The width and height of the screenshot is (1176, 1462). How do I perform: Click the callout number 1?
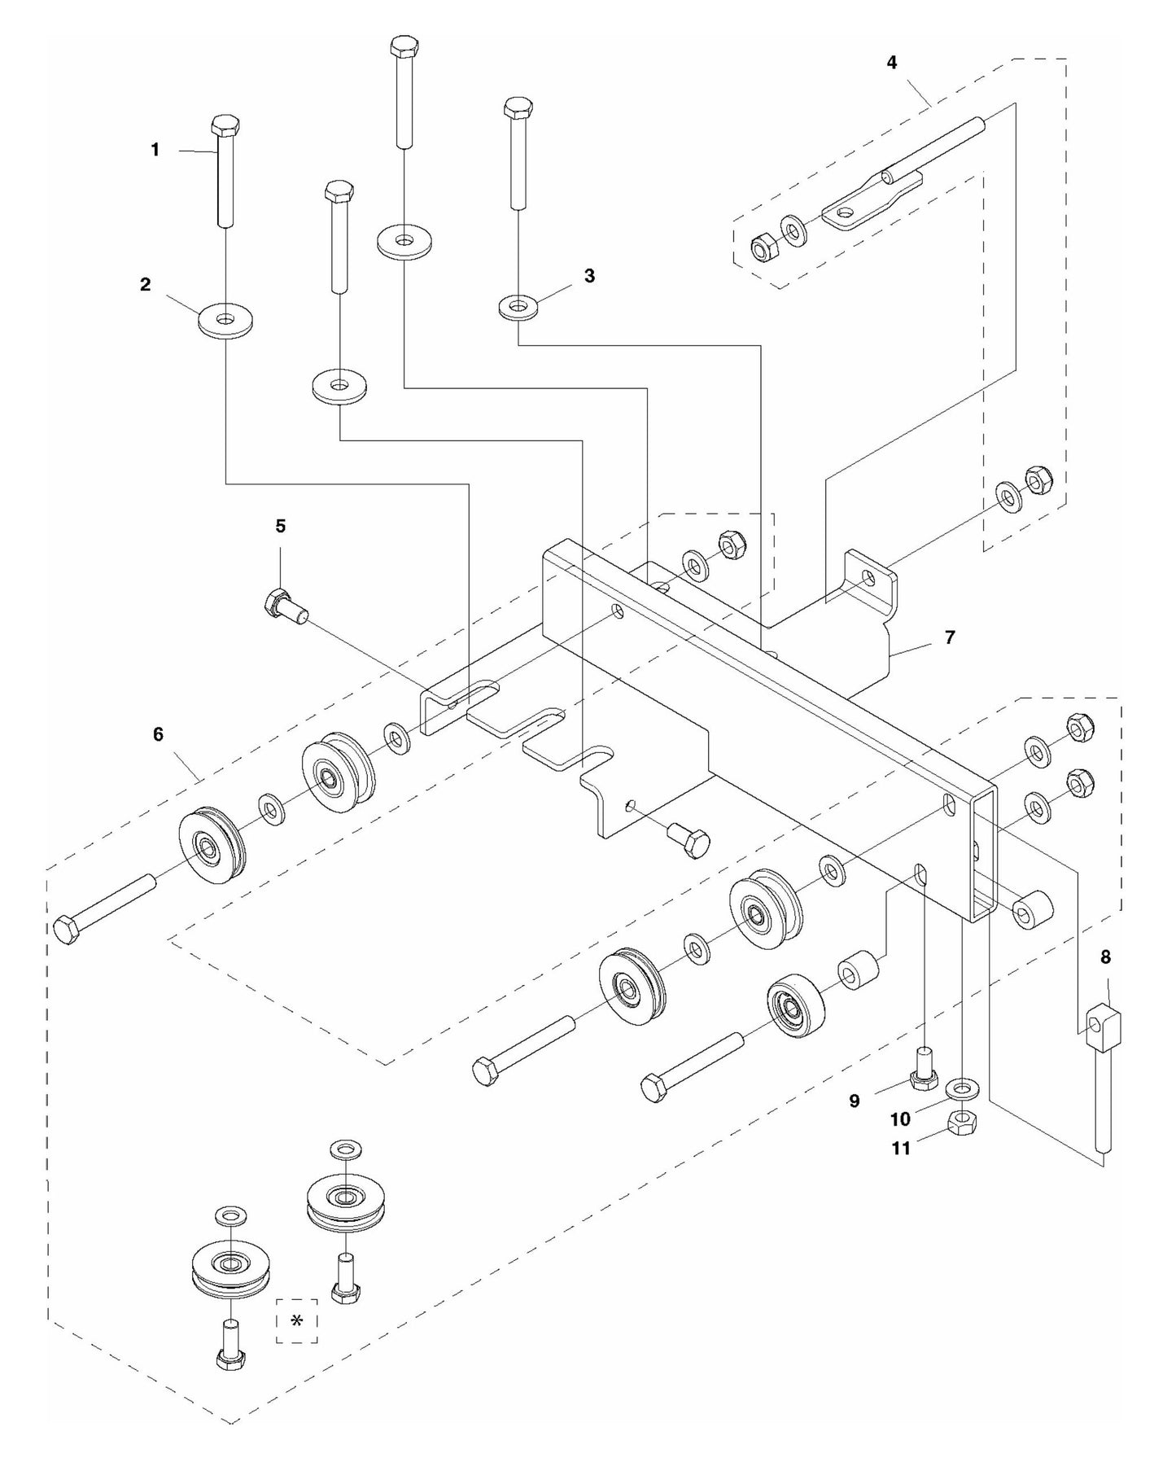tap(155, 150)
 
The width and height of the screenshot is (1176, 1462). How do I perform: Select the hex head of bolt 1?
tap(225, 126)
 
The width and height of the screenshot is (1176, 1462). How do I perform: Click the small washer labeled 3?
tap(518, 309)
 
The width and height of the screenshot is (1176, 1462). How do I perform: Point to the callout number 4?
tap(892, 62)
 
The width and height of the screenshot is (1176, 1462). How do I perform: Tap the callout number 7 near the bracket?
tap(949, 637)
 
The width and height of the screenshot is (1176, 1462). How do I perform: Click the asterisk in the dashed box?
tap(296, 1320)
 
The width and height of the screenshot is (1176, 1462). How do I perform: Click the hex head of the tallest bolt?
tap(403, 46)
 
